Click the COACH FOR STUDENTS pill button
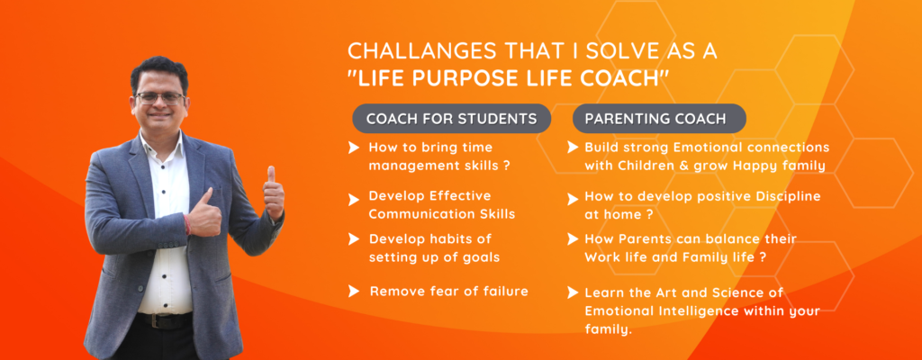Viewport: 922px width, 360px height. tap(452, 118)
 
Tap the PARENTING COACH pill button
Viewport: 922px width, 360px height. tap(659, 118)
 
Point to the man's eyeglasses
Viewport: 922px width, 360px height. tap(160, 97)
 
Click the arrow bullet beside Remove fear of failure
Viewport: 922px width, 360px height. tap(353, 291)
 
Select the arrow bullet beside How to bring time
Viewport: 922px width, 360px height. tap(353, 148)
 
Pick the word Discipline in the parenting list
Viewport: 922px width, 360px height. tap(789, 195)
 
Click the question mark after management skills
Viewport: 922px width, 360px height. tap(506, 166)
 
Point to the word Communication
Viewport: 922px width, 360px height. tap(413, 214)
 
